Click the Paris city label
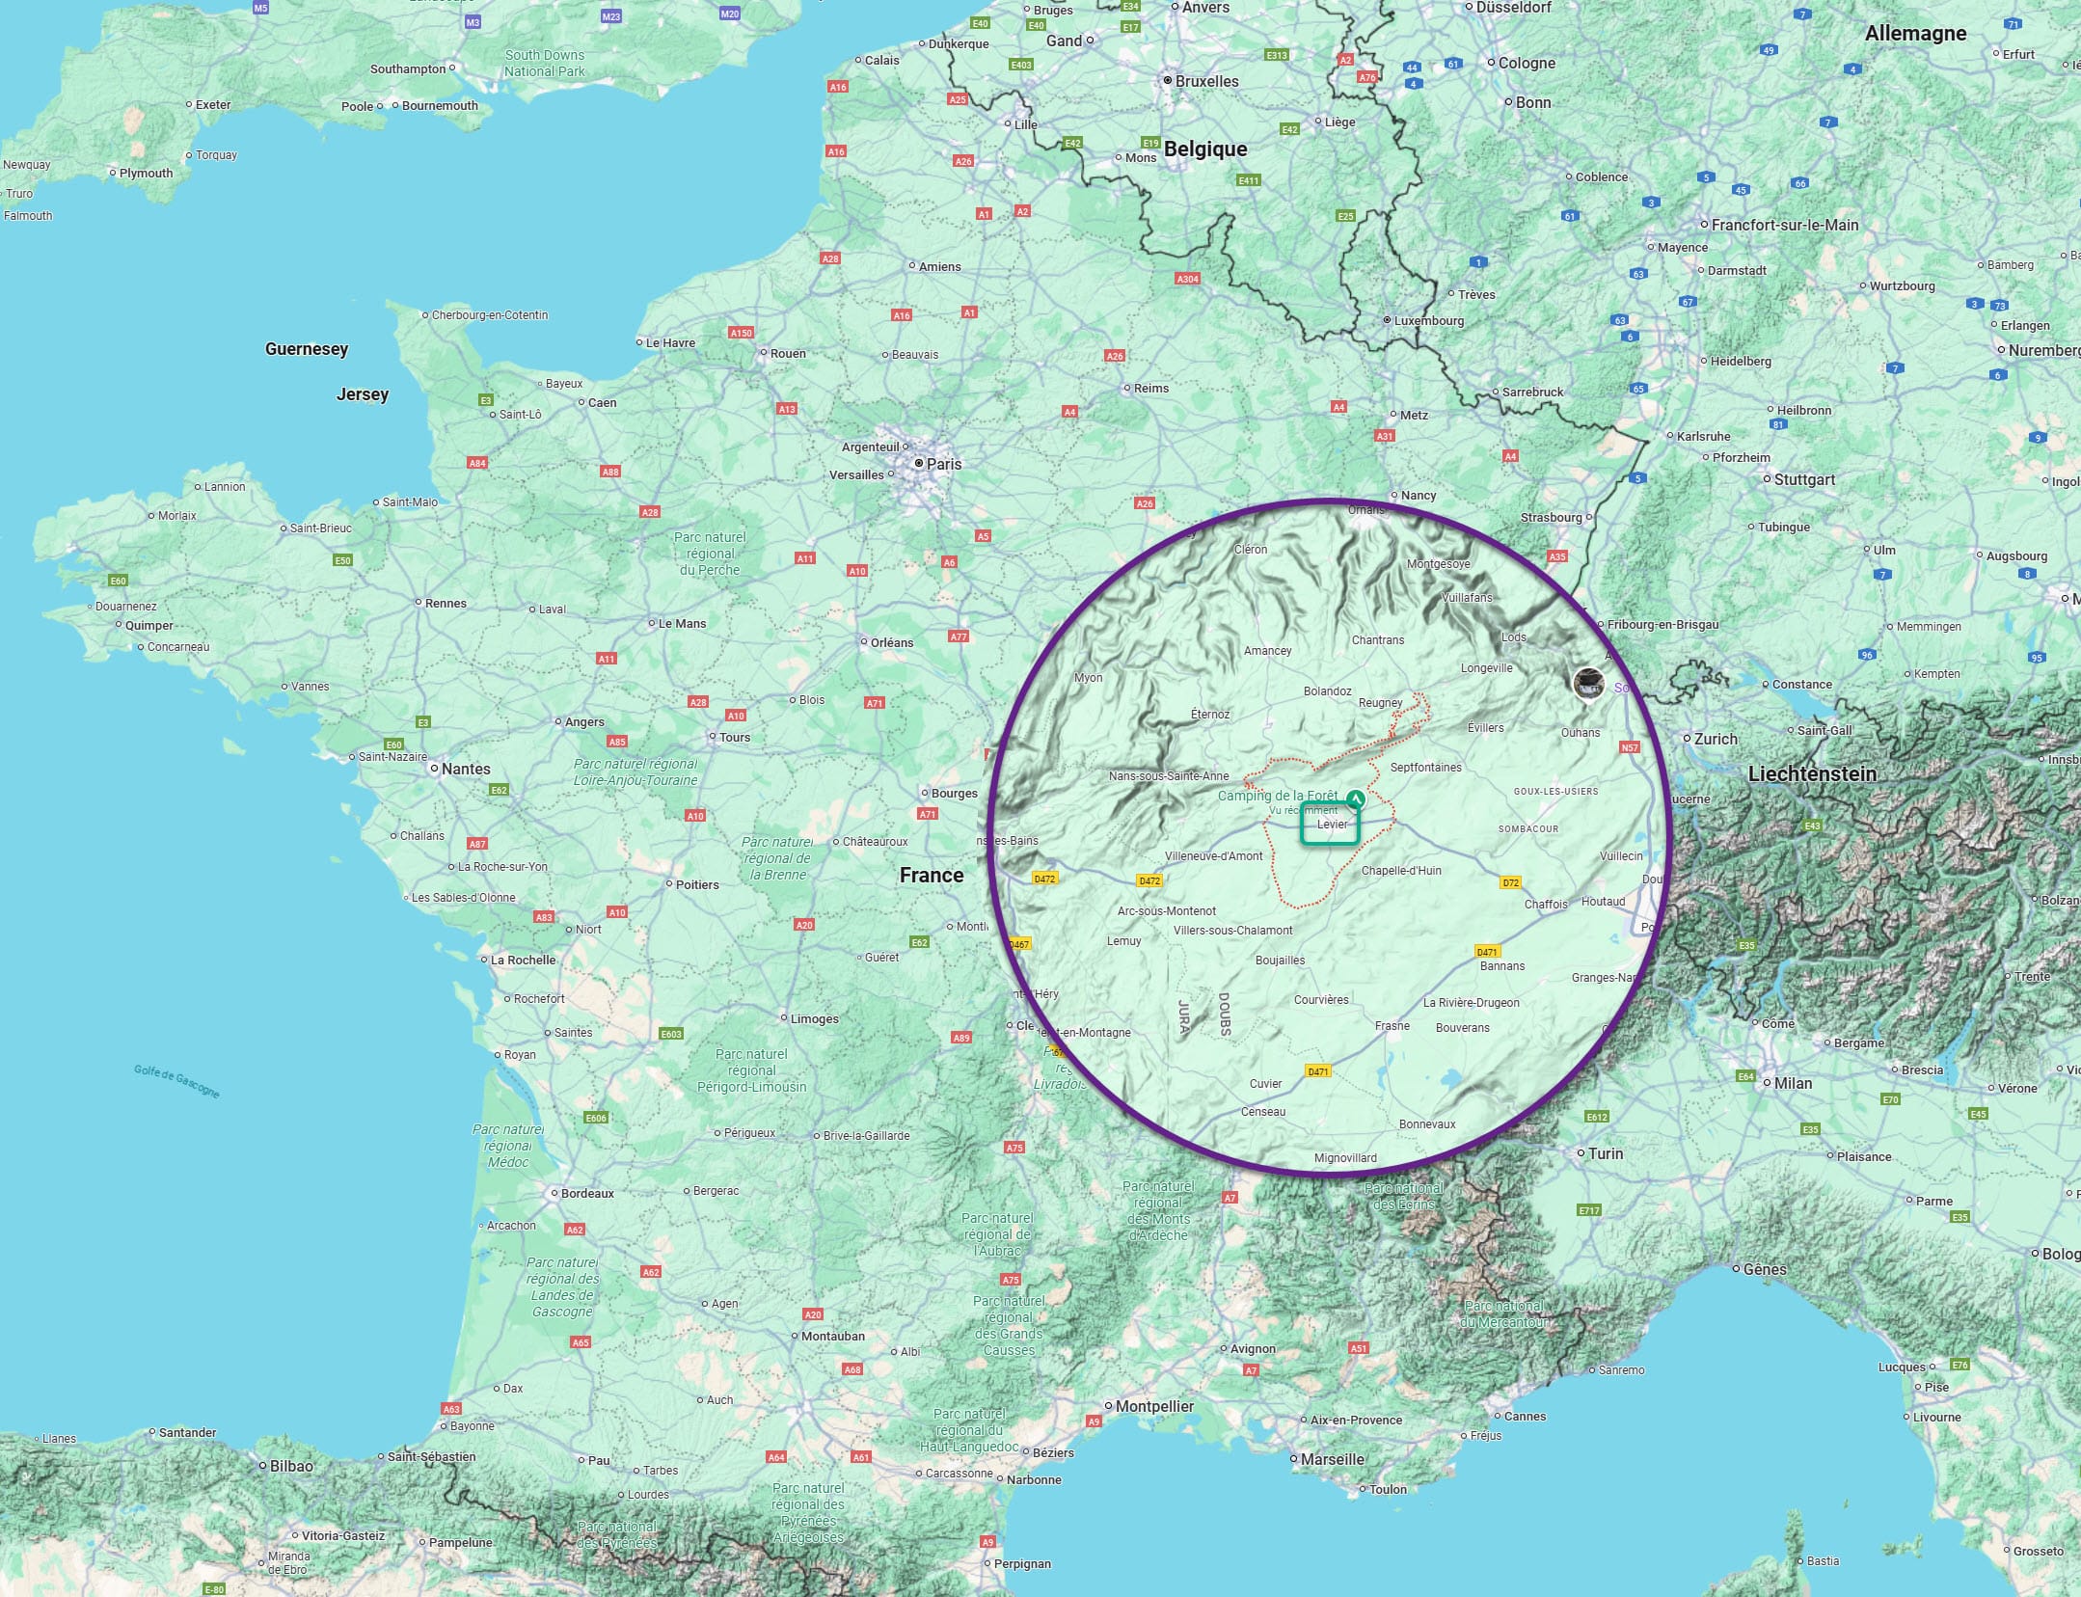tap(943, 464)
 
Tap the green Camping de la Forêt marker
tap(1356, 798)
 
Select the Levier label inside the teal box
tap(1332, 825)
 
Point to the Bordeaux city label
tap(587, 1193)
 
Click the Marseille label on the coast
tap(1332, 1459)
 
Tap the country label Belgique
tap(1204, 149)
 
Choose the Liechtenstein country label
tap(1812, 773)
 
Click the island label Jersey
tap(362, 394)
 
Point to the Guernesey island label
tap(307, 349)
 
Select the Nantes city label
tap(466, 769)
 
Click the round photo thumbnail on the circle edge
tap(1588, 683)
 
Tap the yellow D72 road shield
tap(1510, 882)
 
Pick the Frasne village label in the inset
tap(1392, 1026)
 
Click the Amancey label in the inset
tap(1267, 651)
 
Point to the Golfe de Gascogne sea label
tap(176, 1081)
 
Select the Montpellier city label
tap(1154, 1406)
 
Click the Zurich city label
tap(1716, 739)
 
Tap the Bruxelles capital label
tap(1206, 81)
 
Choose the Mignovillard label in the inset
tap(1345, 1158)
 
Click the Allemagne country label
tap(1915, 34)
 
